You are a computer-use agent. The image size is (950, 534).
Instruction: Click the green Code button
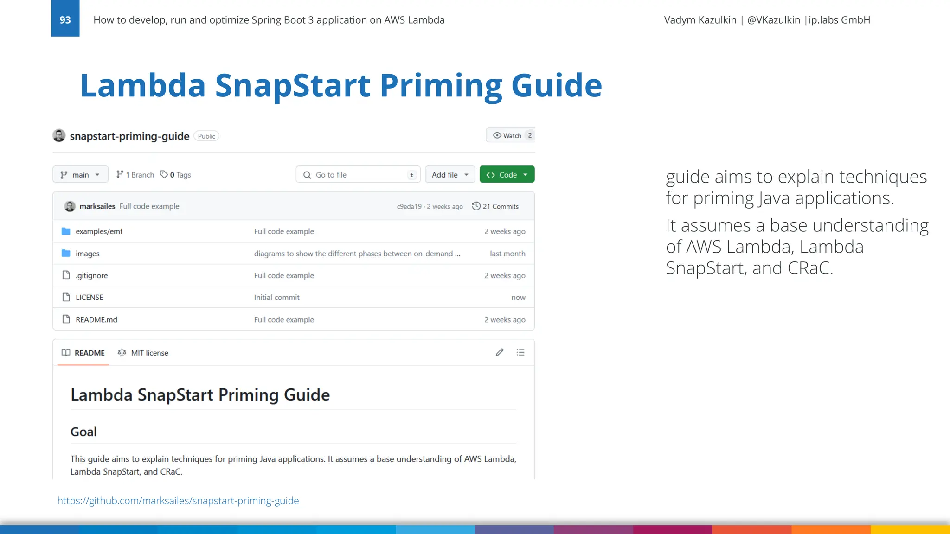click(507, 175)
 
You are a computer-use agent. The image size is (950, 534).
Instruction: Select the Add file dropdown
click(449, 175)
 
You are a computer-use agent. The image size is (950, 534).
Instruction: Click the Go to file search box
click(358, 175)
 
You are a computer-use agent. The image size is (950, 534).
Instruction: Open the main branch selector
click(80, 175)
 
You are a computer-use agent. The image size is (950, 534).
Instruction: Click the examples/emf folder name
click(99, 231)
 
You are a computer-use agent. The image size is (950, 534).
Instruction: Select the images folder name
click(88, 254)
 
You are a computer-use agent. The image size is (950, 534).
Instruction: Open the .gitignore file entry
click(92, 275)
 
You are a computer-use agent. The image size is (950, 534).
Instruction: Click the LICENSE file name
click(90, 297)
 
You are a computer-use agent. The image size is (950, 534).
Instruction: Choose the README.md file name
click(96, 319)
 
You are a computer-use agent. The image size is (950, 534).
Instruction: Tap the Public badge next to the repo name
click(206, 136)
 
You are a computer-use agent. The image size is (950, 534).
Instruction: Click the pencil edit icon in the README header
click(500, 352)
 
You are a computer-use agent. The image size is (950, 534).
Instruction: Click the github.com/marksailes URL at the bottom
click(178, 501)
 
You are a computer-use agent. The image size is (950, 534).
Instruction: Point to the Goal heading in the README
click(83, 432)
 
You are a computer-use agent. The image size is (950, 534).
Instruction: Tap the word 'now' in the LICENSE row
click(518, 298)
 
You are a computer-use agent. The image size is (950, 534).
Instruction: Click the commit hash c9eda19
click(409, 207)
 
